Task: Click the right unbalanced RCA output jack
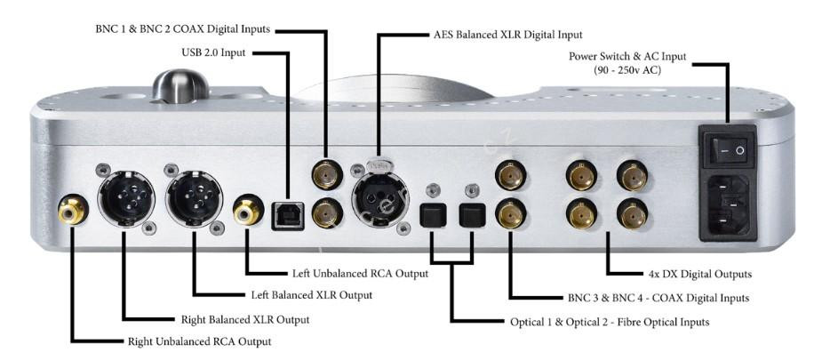tap(71, 211)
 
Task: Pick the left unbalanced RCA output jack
tap(246, 211)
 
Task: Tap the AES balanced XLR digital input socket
tap(379, 196)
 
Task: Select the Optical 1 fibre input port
tap(431, 215)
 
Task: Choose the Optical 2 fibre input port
tap(470, 215)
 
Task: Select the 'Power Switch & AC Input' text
tap(632, 57)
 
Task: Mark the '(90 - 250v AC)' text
tap(632, 69)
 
